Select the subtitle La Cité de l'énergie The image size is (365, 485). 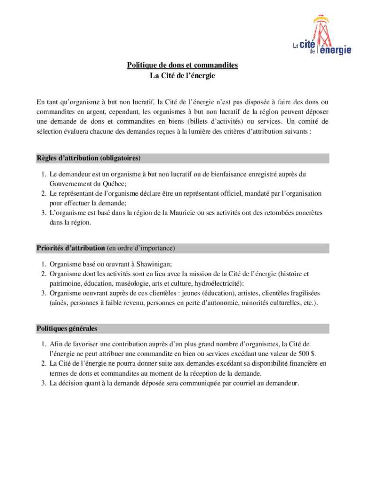click(182, 75)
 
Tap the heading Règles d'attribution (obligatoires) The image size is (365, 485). click(89, 158)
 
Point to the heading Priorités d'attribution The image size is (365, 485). click(71, 248)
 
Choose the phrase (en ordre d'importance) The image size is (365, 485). click(141, 248)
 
